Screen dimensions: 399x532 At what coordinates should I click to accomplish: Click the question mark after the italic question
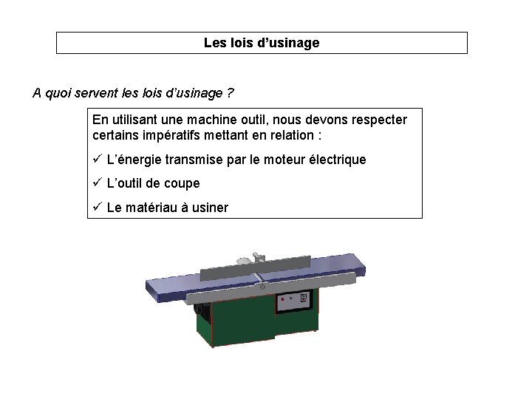tap(231, 93)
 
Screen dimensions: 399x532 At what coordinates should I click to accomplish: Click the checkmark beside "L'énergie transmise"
tap(97, 159)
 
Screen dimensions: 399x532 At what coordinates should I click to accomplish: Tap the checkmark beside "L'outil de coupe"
tap(97, 183)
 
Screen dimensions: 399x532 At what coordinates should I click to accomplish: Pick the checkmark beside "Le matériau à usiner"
tap(97, 207)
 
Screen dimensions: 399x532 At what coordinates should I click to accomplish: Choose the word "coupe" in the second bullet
tap(183, 183)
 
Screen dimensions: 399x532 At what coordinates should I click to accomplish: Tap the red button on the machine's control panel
tap(283, 300)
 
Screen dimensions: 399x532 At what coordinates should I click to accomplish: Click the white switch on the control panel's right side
tap(304, 298)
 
